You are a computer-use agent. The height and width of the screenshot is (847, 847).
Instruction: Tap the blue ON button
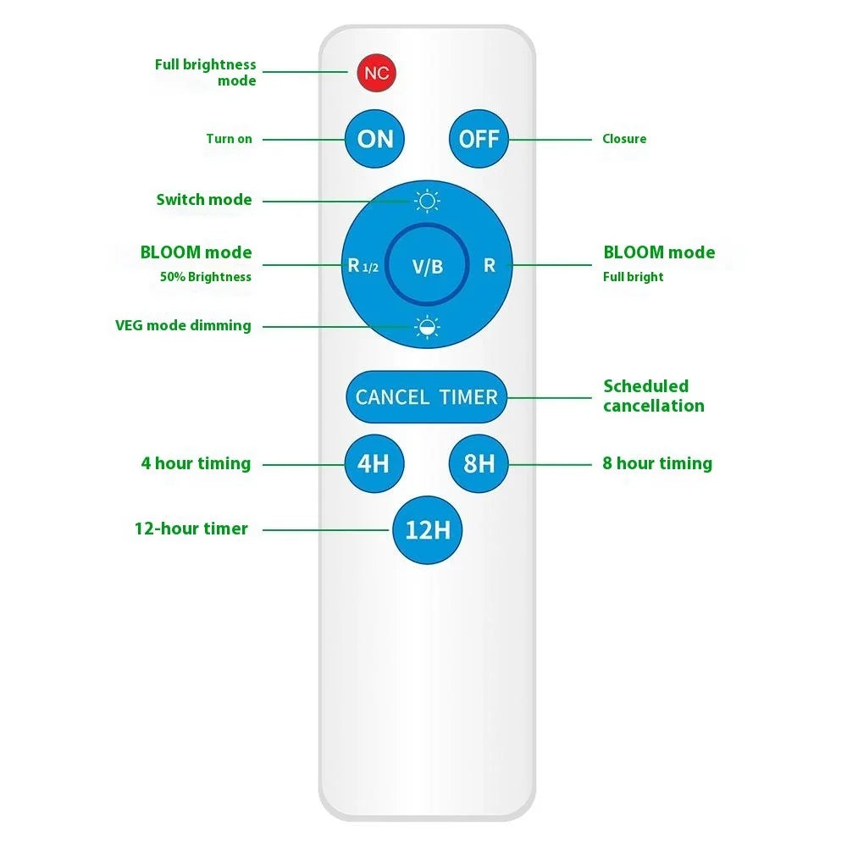tap(374, 139)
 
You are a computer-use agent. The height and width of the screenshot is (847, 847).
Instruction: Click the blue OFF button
tap(479, 139)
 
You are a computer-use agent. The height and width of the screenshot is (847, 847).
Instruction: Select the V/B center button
tap(427, 264)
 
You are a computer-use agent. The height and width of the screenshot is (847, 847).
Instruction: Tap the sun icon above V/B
tap(427, 202)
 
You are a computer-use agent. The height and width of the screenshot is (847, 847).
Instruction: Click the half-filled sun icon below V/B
tap(427, 327)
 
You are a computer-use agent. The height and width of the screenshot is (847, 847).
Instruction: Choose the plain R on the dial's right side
tap(490, 265)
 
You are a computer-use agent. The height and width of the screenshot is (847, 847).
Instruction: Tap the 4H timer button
tap(374, 463)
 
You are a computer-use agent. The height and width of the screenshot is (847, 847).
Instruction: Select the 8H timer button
tap(479, 463)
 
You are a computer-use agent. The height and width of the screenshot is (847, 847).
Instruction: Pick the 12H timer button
tap(427, 530)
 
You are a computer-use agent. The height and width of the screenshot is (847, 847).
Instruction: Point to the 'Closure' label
tap(624, 139)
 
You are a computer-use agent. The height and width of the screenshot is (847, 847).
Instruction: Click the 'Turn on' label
tap(229, 139)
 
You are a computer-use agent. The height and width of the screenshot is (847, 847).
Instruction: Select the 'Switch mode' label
tap(204, 200)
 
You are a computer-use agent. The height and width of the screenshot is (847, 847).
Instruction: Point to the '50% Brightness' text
tap(205, 277)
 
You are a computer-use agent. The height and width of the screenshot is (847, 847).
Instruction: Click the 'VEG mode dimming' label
tap(183, 325)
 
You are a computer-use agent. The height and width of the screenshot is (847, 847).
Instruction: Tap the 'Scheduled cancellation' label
tap(654, 396)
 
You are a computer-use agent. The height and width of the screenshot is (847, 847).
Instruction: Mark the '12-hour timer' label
tap(191, 529)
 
